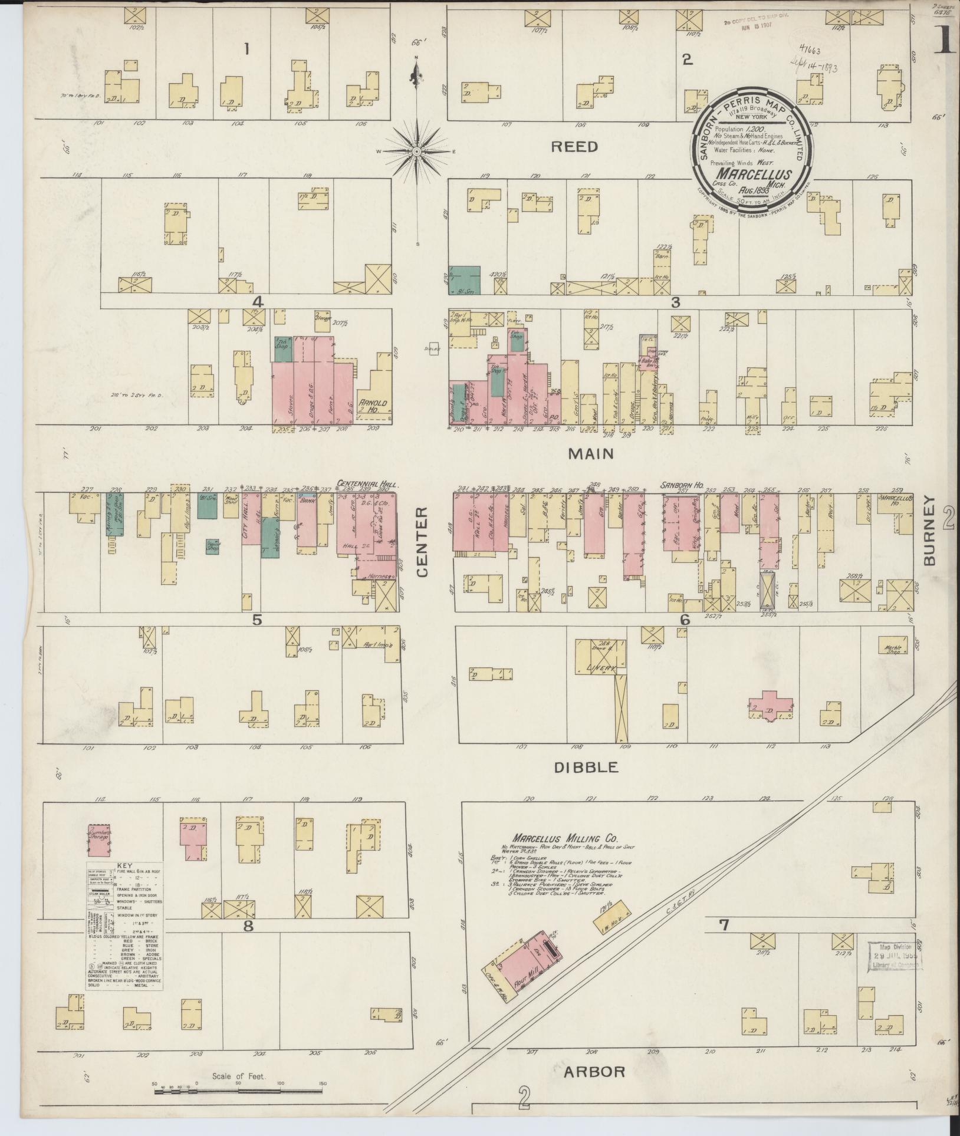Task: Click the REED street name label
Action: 574,147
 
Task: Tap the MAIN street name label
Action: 591,453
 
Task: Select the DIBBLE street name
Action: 587,767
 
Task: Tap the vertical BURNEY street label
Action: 930,531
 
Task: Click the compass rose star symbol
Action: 417,152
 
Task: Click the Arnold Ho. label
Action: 376,406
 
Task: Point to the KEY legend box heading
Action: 125,866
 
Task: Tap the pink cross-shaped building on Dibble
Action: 770,704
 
